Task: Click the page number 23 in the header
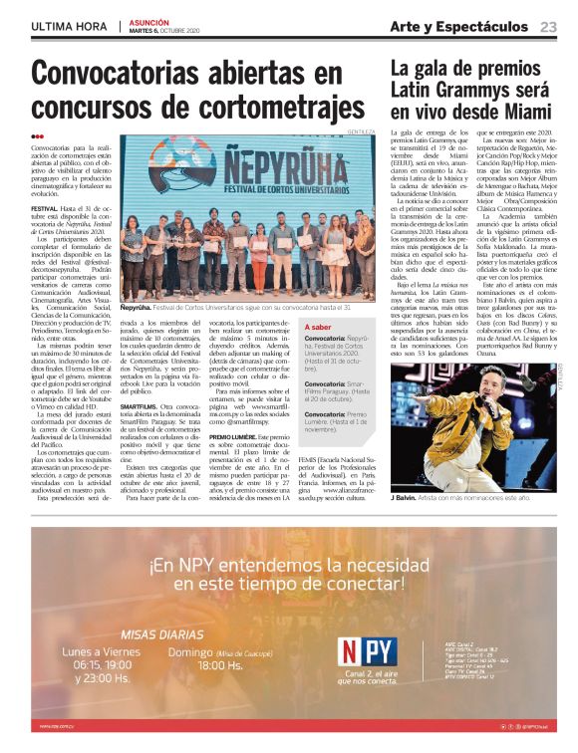[548, 26]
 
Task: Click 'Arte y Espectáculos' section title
[459, 26]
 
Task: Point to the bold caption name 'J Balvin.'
[404, 494]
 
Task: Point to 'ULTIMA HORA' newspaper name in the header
[68, 26]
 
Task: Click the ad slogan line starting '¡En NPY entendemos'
[289, 566]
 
